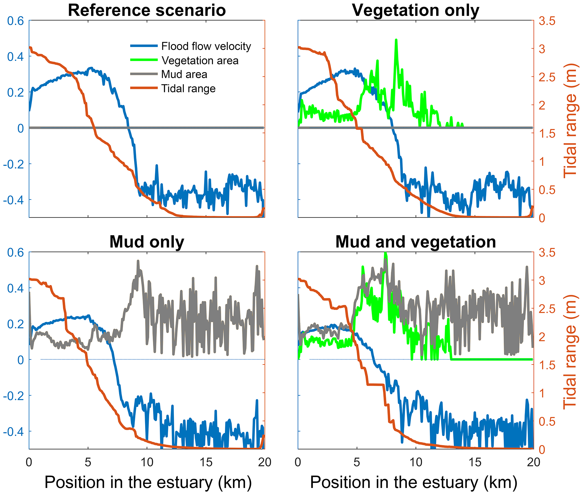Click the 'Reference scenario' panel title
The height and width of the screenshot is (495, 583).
tap(147, 10)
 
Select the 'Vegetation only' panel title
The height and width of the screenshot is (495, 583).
tap(416, 10)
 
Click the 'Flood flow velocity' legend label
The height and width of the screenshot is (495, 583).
tap(206, 46)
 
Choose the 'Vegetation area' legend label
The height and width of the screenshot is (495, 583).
tap(200, 61)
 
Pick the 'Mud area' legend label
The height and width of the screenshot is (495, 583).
tap(184, 74)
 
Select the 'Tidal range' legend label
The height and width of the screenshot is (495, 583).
tap(188, 88)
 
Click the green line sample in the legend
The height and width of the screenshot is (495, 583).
tap(144, 60)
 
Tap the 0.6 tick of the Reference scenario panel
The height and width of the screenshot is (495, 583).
tap(16, 21)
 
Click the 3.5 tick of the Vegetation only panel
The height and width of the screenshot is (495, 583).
tap(547, 21)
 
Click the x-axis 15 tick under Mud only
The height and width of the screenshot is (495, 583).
tap(206, 462)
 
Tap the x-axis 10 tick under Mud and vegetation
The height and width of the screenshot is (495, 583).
tap(416, 462)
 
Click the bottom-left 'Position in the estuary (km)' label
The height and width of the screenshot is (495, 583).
tap(148, 482)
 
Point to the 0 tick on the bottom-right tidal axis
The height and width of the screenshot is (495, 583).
tap(542, 450)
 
